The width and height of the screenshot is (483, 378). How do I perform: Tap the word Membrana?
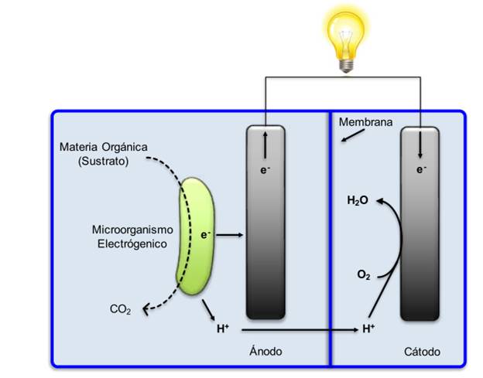click(366, 122)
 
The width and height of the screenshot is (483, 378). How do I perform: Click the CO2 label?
click(121, 311)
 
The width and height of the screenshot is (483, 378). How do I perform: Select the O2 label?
click(363, 274)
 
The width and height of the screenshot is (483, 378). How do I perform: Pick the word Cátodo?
click(422, 352)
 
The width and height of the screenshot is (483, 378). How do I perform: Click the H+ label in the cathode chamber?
click(369, 329)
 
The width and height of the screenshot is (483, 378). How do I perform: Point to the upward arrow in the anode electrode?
click(265, 141)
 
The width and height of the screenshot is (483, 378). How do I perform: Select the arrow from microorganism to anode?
click(231, 235)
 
